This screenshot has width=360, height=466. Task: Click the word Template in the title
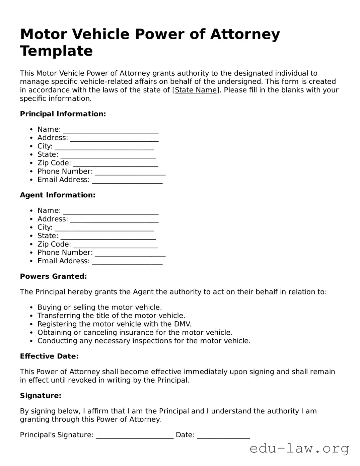[x=56, y=51]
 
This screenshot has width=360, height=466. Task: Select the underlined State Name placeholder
[x=196, y=90]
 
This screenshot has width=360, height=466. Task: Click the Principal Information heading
[x=63, y=114]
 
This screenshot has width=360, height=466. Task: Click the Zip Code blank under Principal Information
[x=115, y=163]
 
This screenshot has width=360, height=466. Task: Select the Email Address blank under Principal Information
[x=127, y=180]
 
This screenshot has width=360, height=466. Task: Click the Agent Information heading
[x=58, y=195]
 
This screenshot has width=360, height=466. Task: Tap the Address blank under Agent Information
[x=114, y=219]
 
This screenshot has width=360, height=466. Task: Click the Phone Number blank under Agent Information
[x=130, y=253]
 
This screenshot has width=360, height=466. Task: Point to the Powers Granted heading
[x=53, y=276]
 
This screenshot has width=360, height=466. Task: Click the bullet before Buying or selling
[x=31, y=308]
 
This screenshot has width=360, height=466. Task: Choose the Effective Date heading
[x=49, y=356]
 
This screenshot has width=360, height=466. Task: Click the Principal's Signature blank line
[x=135, y=435]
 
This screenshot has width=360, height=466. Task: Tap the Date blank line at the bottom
[x=223, y=435]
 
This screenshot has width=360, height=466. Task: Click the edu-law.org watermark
[x=299, y=448]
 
